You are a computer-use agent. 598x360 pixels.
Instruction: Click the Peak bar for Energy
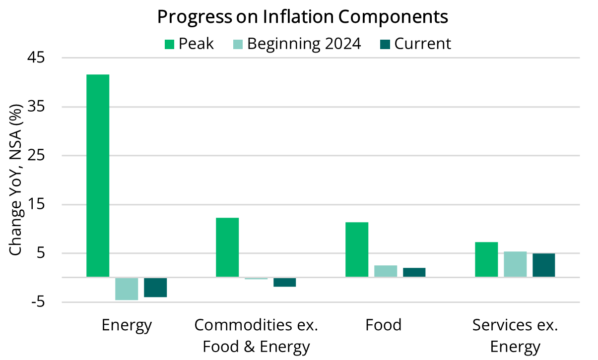(98, 176)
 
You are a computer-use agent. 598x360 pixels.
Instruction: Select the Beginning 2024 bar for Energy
(127, 289)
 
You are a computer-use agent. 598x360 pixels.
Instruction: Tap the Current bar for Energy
(155, 287)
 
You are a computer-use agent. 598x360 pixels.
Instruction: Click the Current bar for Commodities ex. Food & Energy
(284, 282)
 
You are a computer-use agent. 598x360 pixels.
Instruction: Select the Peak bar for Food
(357, 249)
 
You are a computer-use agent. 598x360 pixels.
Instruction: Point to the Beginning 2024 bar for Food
(386, 271)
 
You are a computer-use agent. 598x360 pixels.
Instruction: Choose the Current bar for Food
(414, 272)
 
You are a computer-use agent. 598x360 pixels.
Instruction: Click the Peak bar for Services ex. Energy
(486, 259)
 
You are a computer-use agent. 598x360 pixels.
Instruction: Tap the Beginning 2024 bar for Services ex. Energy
(515, 264)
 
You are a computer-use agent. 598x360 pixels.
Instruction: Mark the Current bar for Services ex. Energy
(544, 265)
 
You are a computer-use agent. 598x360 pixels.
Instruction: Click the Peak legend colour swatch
(170, 44)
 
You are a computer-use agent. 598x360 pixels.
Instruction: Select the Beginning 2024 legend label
(304, 44)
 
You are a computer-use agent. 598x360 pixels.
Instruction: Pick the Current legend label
(423, 44)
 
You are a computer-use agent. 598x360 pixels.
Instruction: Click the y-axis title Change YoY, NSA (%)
(16, 180)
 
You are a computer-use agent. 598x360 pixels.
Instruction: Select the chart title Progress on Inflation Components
(303, 17)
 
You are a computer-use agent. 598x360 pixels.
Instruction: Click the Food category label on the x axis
(383, 325)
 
